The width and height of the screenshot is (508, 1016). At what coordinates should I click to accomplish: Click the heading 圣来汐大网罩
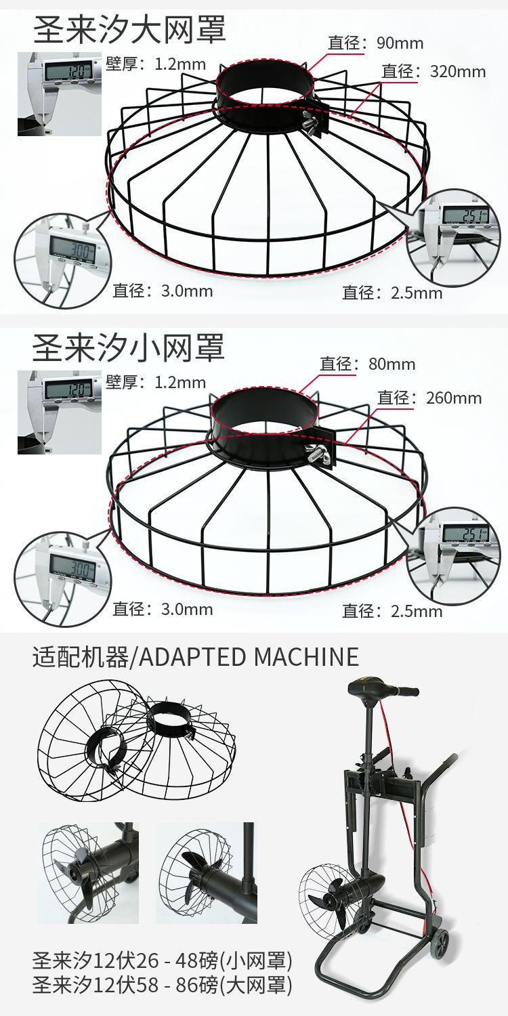click(129, 31)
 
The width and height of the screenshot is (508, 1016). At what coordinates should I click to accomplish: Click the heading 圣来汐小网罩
click(128, 348)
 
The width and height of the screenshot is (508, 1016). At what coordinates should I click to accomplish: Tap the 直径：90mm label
click(375, 43)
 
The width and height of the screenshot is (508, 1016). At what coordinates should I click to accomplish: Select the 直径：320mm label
click(433, 71)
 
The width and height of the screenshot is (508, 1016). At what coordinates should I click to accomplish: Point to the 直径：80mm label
click(368, 364)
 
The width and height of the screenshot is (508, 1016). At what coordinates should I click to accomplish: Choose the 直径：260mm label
click(429, 398)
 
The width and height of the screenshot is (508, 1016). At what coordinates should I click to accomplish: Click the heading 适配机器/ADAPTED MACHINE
click(196, 656)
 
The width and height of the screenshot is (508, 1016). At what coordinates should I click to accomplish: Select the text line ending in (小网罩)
click(163, 960)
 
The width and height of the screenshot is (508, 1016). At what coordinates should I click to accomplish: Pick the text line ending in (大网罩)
click(163, 986)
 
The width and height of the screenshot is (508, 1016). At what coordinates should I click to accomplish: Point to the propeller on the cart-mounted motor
click(325, 901)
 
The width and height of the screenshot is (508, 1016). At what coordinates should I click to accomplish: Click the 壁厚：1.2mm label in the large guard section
click(156, 64)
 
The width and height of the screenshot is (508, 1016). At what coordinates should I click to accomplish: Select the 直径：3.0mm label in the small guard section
click(163, 609)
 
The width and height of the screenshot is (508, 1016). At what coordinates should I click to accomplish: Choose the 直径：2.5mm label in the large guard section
click(392, 293)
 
